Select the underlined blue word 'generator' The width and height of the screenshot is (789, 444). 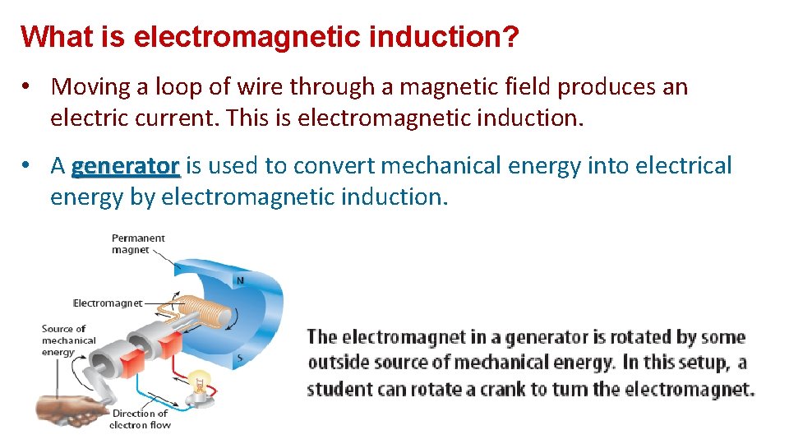(125, 166)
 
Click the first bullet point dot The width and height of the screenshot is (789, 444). (27, 87)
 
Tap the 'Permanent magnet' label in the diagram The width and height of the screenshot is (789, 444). (138, 243)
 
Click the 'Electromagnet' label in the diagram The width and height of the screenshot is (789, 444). (107, 303)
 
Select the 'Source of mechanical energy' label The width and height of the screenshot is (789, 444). (69, 340)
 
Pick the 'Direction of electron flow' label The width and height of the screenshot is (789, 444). (140, 419)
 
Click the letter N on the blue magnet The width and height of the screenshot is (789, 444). (239, 280)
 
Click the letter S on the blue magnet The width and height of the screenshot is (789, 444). (239, 358)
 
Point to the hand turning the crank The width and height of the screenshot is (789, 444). (66, 409)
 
